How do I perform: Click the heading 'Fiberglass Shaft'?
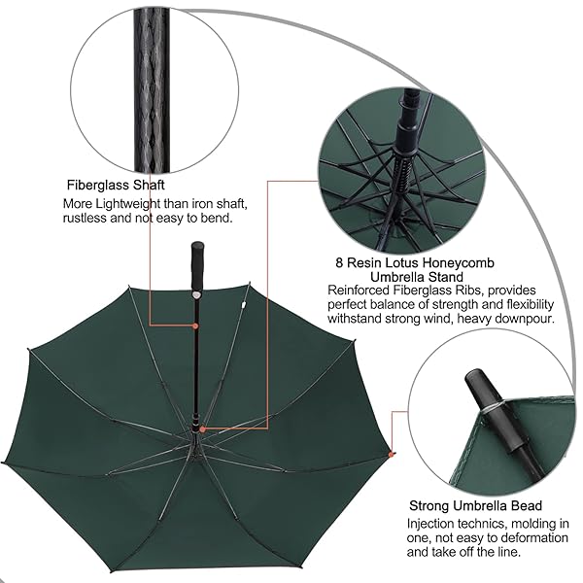pos(116,185)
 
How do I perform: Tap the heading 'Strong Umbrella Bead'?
pos(475,505)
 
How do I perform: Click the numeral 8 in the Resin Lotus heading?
pos(339,263)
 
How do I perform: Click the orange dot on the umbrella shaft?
pos(195,326)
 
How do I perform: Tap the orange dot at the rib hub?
pos(203,429)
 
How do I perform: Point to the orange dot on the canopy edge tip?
pos(391,455)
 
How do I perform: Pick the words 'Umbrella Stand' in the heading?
pos(417,277)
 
